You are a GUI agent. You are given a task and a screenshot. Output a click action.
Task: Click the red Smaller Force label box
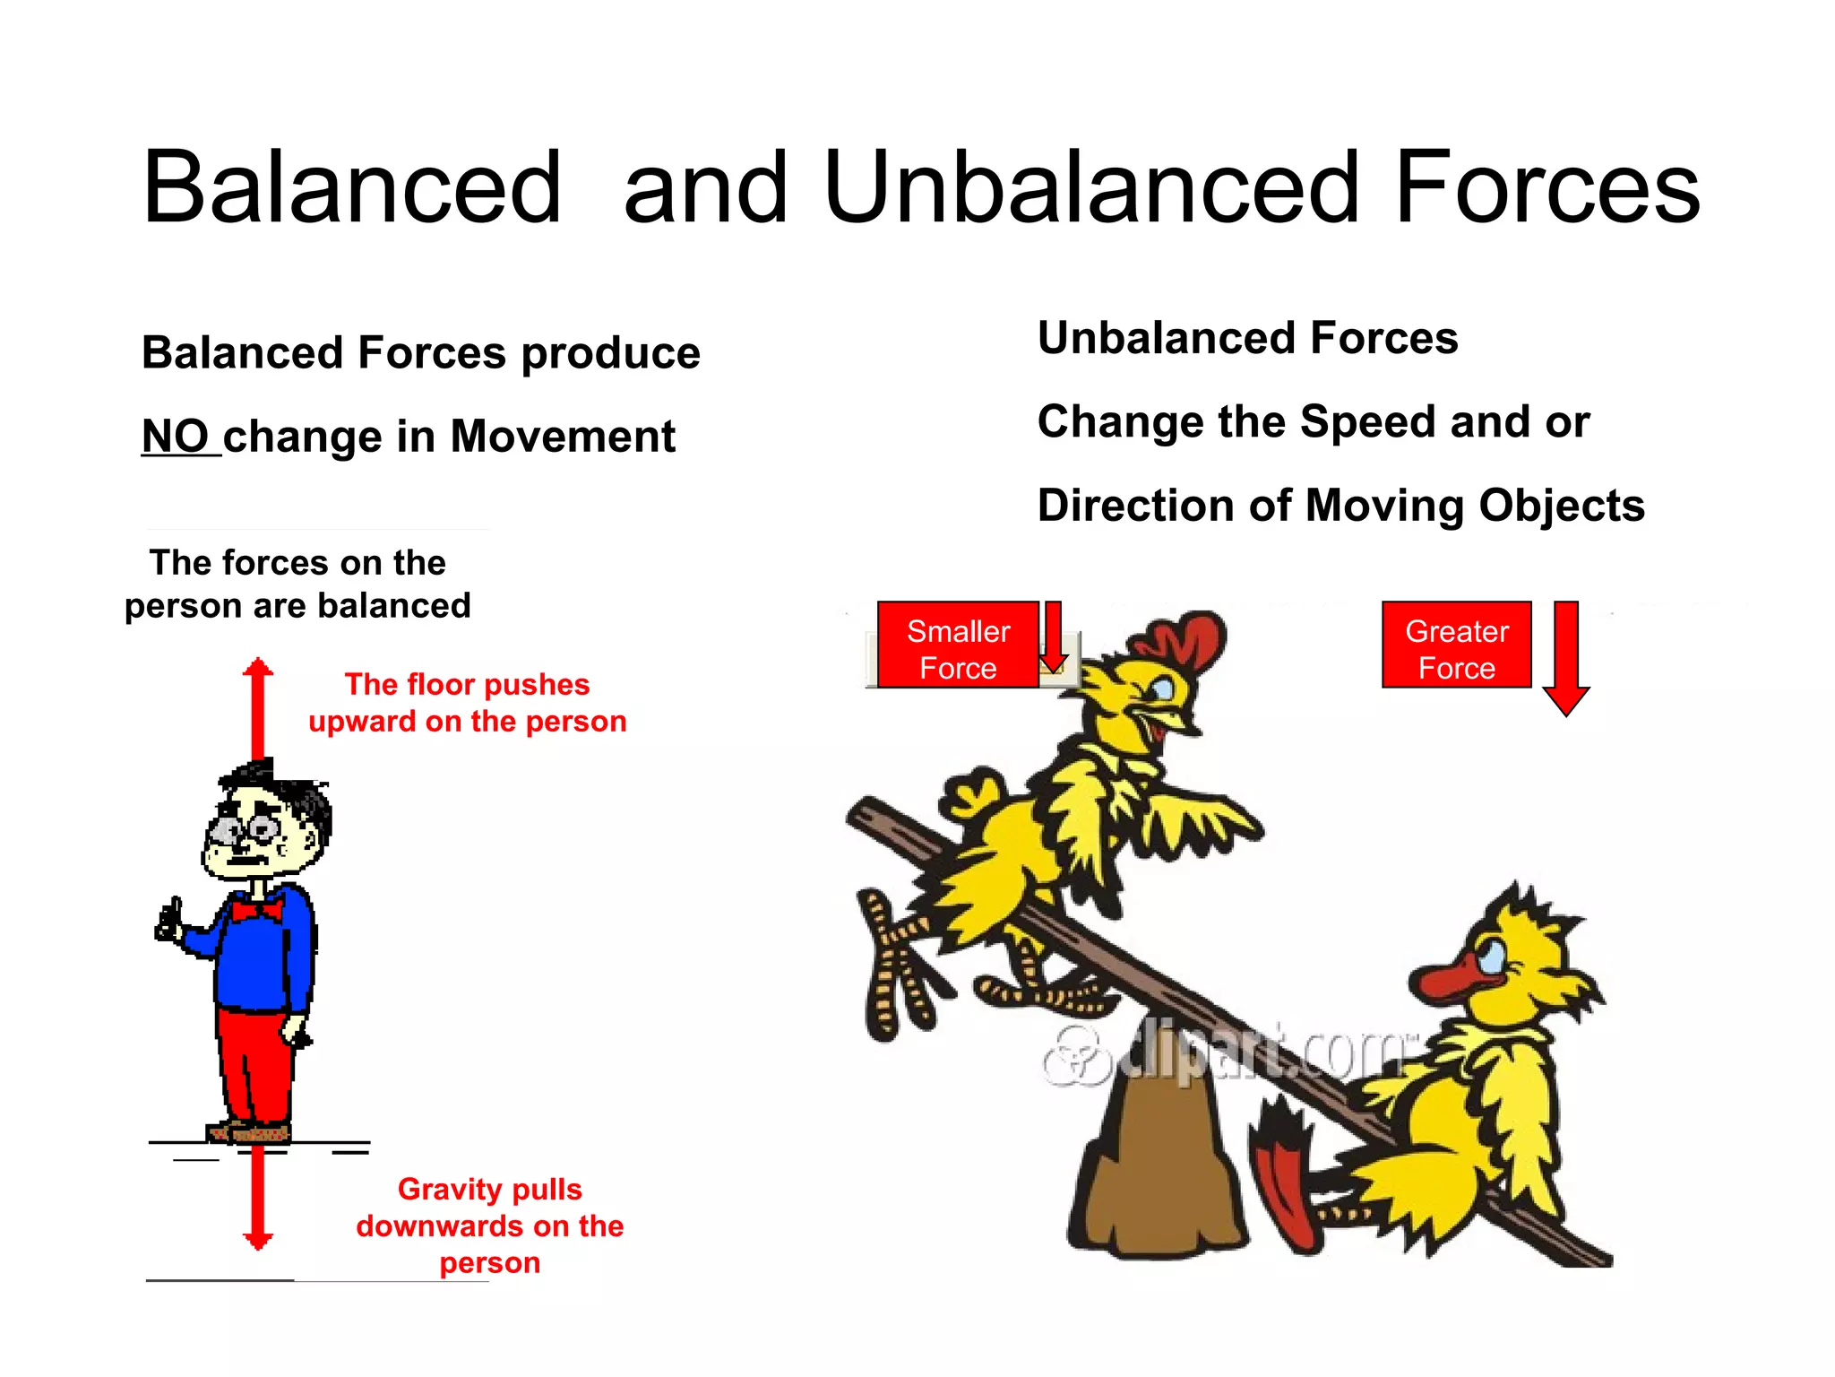(957, 645)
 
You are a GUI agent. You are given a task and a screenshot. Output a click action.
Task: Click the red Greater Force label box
(1456, 645)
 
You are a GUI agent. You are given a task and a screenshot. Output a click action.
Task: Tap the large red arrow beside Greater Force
(1565, 659)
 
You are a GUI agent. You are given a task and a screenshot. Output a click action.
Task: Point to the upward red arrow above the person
(258, 708)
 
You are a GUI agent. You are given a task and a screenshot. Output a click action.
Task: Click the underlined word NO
(176, 437)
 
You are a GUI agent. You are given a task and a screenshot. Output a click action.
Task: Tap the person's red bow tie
(257, 911)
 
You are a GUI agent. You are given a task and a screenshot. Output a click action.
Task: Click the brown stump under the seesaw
(1156, 1165)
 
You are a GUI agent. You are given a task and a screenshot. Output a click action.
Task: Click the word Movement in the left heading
(563, 437)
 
